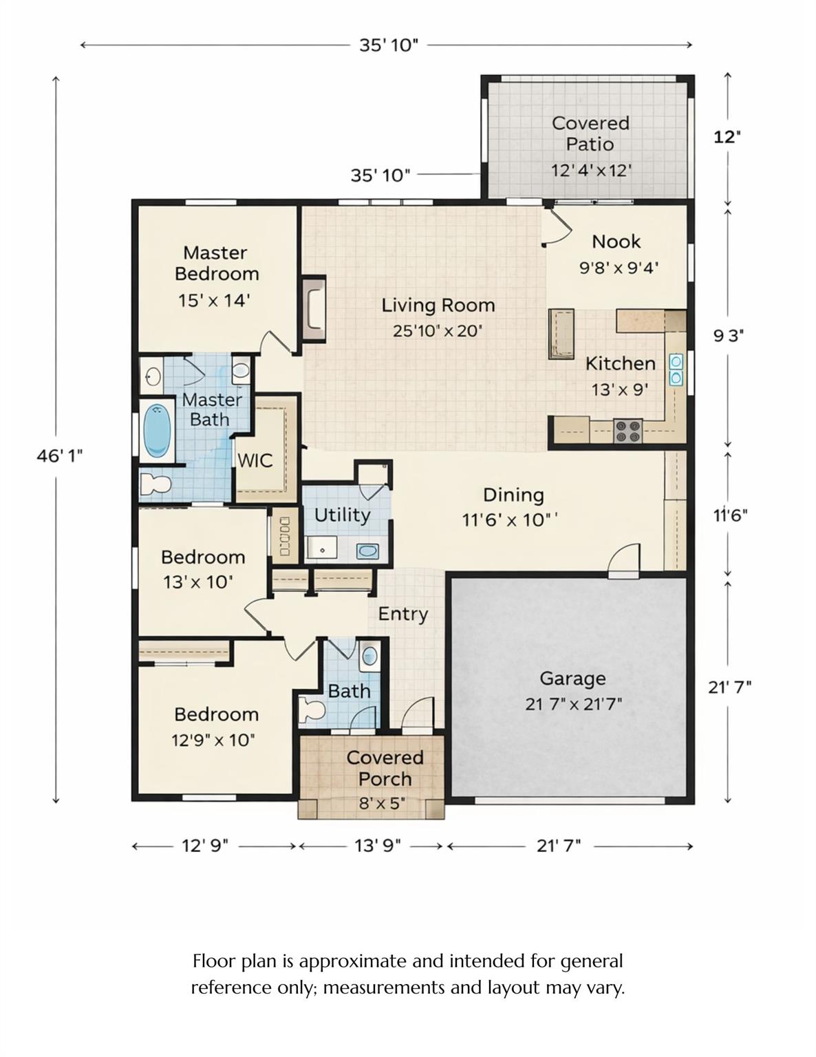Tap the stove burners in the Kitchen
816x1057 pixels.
pos(627,431)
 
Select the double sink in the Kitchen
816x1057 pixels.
pos(676,370)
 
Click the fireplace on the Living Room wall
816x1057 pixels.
pos(314,309)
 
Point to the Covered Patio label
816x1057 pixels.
pos(590,134)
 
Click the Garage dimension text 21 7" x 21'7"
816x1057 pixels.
pos(573,704)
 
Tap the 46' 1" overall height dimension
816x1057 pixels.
pos(60,456)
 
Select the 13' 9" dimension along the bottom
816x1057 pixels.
pos(378,845)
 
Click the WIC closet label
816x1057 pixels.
pos(255,460)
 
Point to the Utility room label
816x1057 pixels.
pos(342,515)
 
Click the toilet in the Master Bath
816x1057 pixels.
pos(155,484)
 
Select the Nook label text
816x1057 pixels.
pos(616,242)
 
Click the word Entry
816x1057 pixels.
pos(403,614)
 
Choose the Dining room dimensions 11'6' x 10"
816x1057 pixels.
pos(509,520)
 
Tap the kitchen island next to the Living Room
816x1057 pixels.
pos(561,334)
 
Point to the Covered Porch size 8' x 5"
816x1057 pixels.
pos(382,803)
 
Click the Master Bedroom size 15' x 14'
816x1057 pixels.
pos(214,301)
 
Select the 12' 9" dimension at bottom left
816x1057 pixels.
pos(205,845)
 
